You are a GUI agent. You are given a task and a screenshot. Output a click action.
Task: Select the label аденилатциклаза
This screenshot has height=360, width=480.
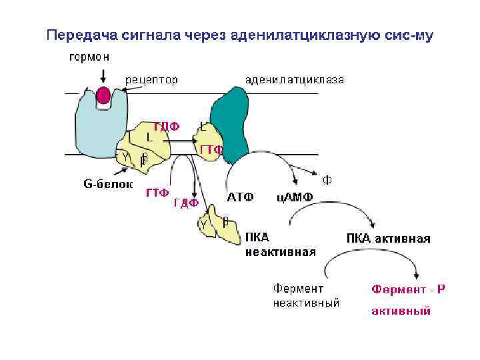[x=294, y=81]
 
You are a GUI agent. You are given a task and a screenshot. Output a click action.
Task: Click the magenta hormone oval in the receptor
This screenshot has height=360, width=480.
[x=103, y=95]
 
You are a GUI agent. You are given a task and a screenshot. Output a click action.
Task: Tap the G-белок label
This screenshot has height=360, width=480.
[x=107, y=183]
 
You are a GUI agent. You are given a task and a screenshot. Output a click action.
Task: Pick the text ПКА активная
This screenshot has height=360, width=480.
[x=388, y=238]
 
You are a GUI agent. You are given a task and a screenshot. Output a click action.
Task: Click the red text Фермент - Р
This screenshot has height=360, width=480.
[x=408, y=289]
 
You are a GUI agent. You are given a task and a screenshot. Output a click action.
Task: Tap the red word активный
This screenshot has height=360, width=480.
[x=401, y=311]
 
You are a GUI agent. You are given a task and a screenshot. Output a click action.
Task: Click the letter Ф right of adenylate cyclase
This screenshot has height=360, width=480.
[x=327, y=179]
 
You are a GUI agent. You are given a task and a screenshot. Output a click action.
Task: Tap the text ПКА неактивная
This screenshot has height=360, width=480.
[x=280, y=245]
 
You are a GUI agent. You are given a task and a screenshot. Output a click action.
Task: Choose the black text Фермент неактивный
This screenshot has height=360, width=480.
[x=306, y=296]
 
